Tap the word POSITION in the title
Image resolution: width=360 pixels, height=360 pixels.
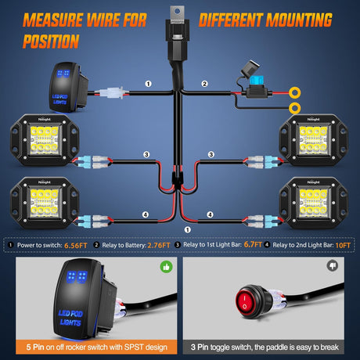pos(50,40)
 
